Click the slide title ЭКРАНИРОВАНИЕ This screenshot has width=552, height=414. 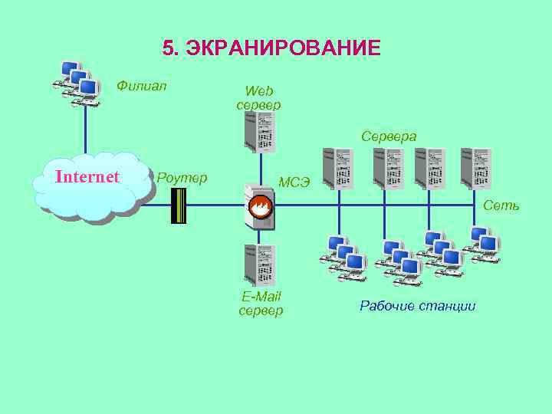pos(283,49)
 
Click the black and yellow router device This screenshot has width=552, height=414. pos(179,205)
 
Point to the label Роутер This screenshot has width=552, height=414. pos(182,179)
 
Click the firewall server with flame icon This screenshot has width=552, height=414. pos(258,207)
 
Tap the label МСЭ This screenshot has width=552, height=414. pos(294,182)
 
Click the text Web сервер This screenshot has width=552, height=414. pos(259,98)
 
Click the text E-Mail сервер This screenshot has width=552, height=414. pos(261,304)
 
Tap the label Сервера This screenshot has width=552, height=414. pos(389,136)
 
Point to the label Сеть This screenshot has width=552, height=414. pos(501,205)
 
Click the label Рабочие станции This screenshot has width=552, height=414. pos(418,306)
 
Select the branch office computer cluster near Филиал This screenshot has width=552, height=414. pos(77,82)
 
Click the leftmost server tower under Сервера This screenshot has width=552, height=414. pos(338,168)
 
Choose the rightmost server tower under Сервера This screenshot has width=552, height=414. pos(475,168)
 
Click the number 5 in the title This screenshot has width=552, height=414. pos(169,49)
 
